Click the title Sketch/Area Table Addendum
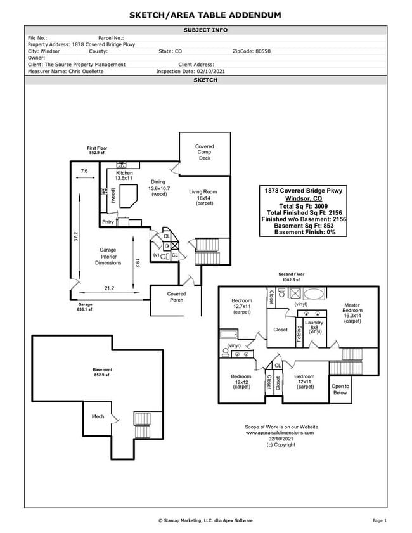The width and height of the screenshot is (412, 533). click(205, 15)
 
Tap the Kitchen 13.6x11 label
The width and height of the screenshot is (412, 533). click(124, 176)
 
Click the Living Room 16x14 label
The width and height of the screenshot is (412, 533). click(203, 197)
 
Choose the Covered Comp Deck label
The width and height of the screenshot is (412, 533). click(204, 152)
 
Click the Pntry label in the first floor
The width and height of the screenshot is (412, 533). click(108, 222)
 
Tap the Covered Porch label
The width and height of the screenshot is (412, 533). click(176, 297)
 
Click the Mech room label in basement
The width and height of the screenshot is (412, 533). click(98, 416)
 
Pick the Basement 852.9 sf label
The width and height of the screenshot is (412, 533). click(103, 372)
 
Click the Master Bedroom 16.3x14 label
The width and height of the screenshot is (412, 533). click(352, 312)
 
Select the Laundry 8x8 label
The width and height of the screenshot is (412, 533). click(314, 326)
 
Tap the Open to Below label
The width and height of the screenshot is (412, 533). click(340, 389)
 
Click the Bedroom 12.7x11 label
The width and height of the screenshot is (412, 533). click(241, 306)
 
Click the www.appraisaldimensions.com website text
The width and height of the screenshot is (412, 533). click(281, 433)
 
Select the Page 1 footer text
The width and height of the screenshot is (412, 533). click(379, 520)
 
